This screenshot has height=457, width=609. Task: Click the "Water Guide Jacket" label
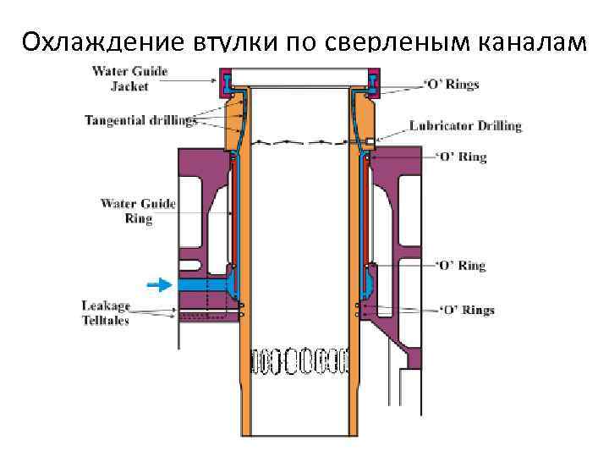click(x=129, y=79)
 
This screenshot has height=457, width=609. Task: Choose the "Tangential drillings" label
click(x=140, y=119)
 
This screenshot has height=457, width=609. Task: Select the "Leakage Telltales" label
click(x=106, y=312)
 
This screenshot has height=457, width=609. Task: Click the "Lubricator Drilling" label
click(x=465, y=126)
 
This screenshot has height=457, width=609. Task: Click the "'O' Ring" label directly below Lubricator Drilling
click(x=460, y=157)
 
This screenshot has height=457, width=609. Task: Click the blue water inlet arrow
click(x=158, y=284)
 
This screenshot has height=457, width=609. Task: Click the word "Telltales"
click(x=106, y=321)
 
